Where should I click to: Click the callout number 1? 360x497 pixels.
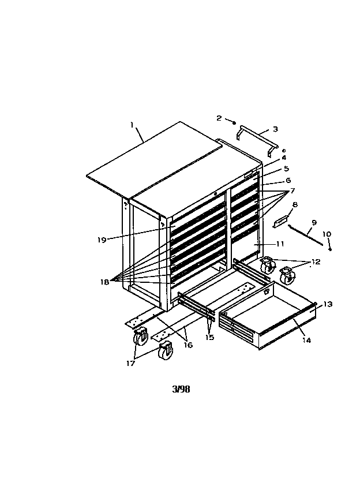click(x=132, y=125)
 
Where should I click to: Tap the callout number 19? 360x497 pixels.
click(x=102, y=240)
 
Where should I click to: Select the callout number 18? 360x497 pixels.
click(x=105, y=282)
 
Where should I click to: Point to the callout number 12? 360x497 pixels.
click(x=316, y=262)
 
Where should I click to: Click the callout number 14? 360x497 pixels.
click(x=306, y=340)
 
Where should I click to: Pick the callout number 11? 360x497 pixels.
click(x=280, y=244)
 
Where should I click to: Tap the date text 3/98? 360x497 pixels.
click(x=181, y=389)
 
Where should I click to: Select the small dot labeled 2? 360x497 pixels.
click(x=234, y=122)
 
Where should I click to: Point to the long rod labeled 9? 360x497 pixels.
click(x=306, y=235)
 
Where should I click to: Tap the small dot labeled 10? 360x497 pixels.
click(x=330, y=250)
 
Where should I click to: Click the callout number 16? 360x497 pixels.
click(x=188, y=345)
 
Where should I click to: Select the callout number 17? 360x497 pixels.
click(x=130, y=364)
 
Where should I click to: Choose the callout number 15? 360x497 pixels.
click(x=210, y=337)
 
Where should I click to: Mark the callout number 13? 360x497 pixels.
click(x=328, y=304)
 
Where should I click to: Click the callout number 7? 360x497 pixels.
click(x=292, y=190)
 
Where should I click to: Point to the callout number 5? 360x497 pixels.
click(x=286, y=169)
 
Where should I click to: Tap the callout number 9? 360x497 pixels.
click(x=314, y=222)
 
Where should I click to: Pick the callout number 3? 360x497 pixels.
click(x=275, y=129)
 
